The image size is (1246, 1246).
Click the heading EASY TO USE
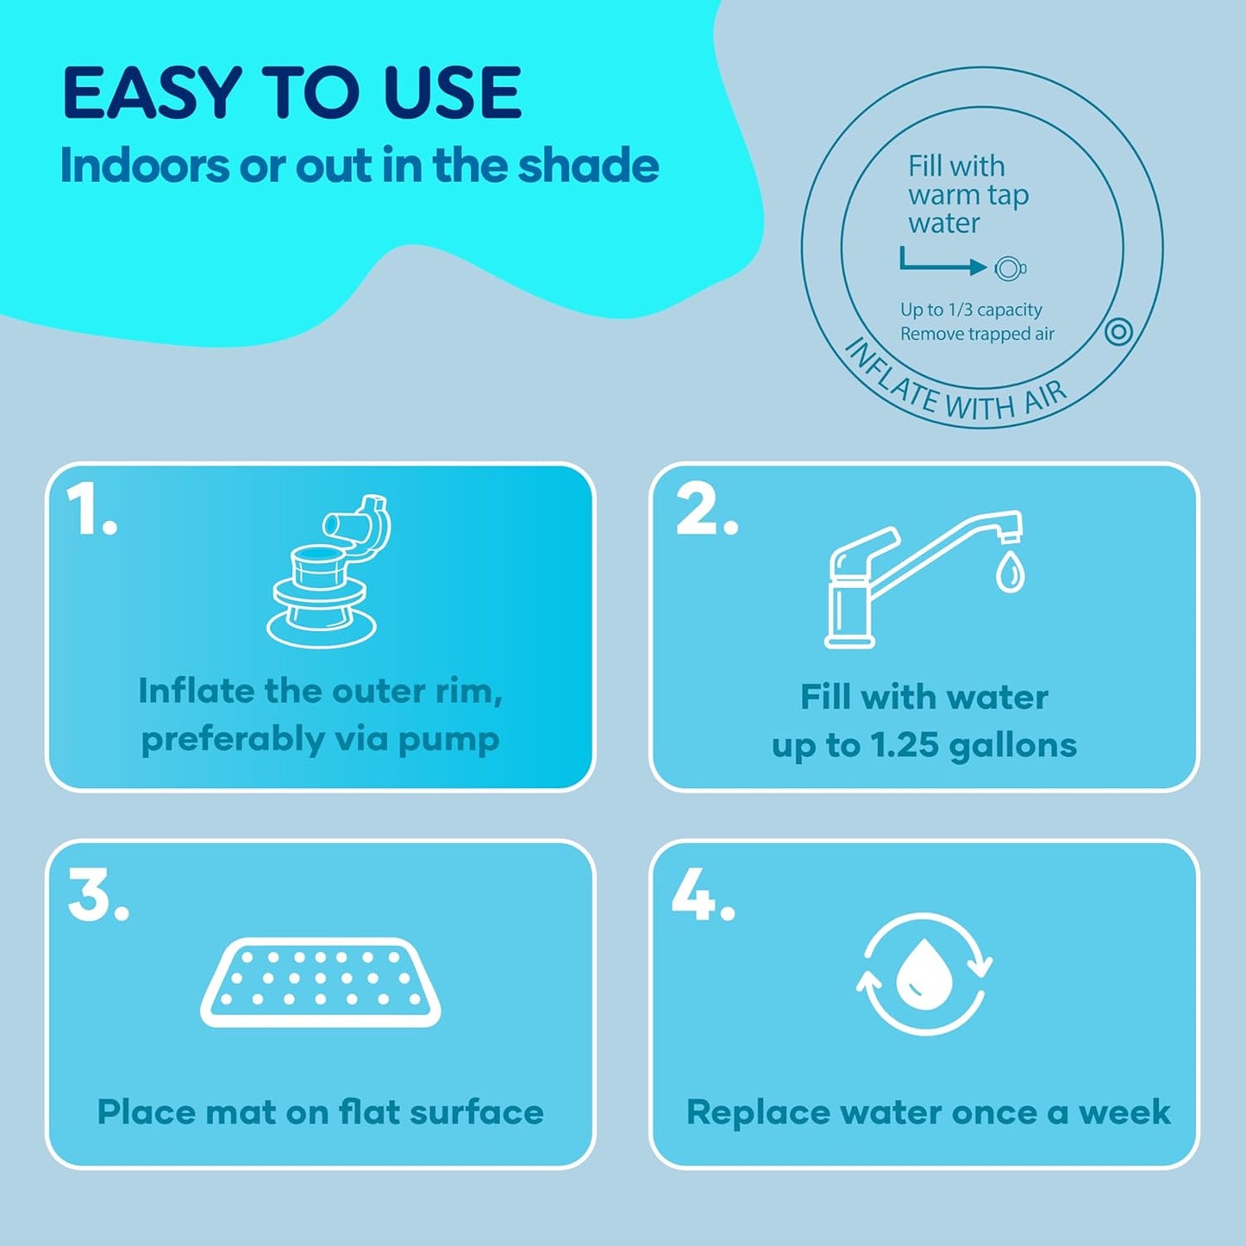click(x=291, y=93)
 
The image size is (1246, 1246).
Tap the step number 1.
click(x=90, y=510)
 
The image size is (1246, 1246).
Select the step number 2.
click(x=705, y=510)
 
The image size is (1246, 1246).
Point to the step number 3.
click(x=97, y=896)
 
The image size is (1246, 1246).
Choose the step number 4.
click(x=703, y=896)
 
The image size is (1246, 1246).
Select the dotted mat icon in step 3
click(x=321, y=982)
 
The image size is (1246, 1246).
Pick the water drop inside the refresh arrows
click(x=924, y=974)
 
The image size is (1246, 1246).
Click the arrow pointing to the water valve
click(x=943, y=263)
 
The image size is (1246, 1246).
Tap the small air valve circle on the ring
click(x=1118, y=331)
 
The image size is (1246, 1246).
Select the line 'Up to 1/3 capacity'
click(x=971, y=310)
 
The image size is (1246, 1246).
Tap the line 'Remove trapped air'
click(x=977, y=334)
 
